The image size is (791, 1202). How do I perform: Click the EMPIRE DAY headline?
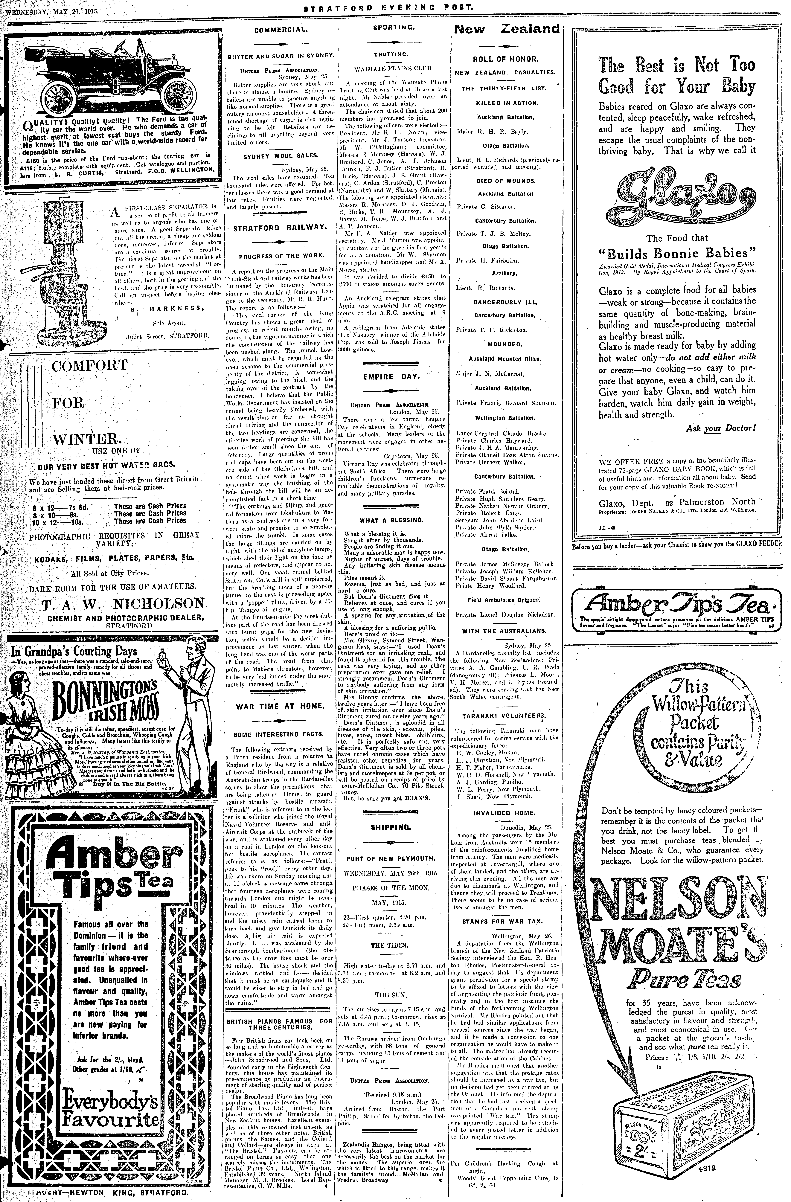pos(391,377)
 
